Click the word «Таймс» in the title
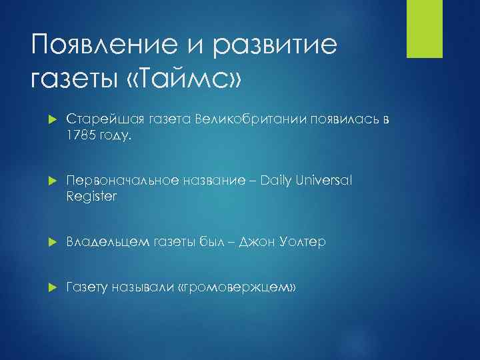[184, 79]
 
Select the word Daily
[279, 181]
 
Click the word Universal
[328, 181]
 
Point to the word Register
[91, 196]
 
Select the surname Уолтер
[301, 242]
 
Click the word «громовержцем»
[238, 287]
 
